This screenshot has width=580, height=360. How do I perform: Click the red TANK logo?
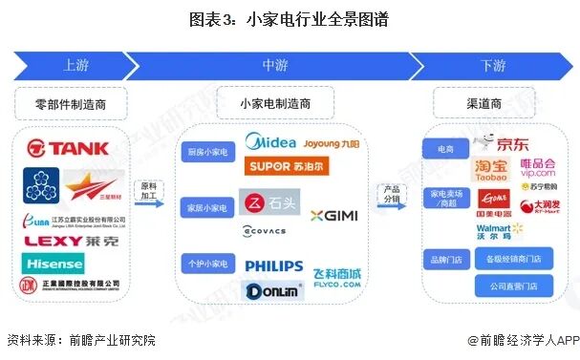coord(68,148)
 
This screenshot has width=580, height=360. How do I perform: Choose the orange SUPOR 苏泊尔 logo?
coord(287,167)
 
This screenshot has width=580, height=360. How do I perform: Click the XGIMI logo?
coord(333,215)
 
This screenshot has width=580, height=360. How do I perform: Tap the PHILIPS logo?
coord(273,266)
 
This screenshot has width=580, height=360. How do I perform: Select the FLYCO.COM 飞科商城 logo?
coord(336,277)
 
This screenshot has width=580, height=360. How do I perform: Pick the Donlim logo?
coord(273,291)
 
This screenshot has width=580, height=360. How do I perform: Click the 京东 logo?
coord(505,144)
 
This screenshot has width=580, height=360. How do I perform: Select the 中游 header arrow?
coord(274,66)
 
